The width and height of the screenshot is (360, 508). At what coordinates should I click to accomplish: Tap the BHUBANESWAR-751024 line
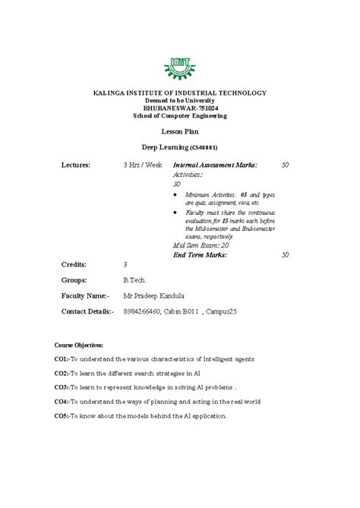pos(179,108)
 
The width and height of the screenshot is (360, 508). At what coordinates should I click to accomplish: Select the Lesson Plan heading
pos(179,131)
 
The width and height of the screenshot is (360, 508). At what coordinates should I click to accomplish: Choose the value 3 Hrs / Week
pos(142,164)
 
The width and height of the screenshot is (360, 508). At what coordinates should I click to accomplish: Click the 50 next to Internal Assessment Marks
pos(285,164)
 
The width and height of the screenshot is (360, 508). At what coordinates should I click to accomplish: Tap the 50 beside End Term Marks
pos(285,255)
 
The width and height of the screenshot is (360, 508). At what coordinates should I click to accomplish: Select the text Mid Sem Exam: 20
pos(201,246)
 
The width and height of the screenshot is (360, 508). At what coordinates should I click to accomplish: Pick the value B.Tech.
pos(134,279)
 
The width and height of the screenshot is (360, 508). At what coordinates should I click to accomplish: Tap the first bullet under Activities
pos(176,194)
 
